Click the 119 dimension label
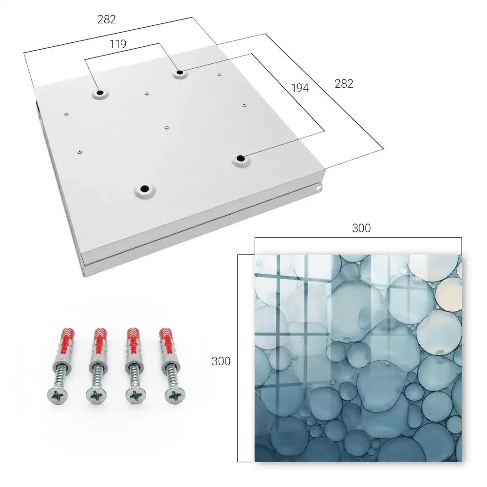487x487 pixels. point(118,44)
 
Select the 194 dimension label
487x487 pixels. point(300,88)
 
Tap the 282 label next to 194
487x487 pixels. point(344,84)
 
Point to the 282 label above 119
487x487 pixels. point(107,19)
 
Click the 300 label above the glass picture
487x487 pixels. point(361,228)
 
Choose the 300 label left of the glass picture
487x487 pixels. point(221,361)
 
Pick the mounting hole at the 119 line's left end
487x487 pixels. point(100,93)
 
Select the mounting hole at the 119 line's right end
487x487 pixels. point(180,73)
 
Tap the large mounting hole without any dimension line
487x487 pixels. point(145,188)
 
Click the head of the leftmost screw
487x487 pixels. point(57,395)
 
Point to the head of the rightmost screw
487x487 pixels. point(174,395)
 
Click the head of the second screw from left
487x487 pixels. point(96,396)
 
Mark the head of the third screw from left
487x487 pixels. point(136,396)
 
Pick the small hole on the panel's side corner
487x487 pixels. point(318,187)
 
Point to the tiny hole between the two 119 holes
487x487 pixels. point(147,93)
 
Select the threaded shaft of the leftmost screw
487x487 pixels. point(61,374)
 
